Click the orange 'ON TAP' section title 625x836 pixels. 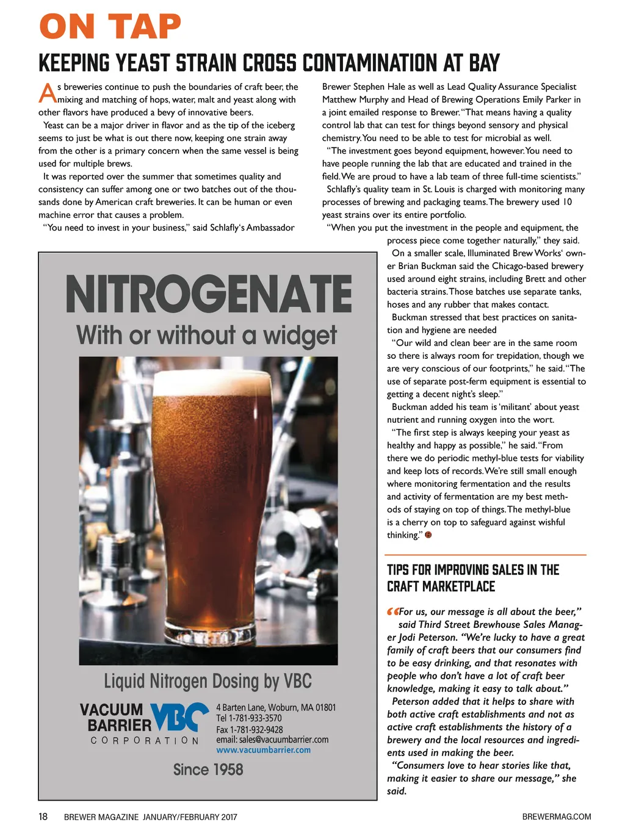(110, 27)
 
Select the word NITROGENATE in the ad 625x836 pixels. (209, 295)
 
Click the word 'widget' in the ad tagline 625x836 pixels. (300, 336)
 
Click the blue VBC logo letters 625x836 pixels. (179, 717)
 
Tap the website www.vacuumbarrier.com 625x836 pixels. (263, 750)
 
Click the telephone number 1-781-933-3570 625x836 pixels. (255, 718)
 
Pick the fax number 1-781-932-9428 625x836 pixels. (256, 729)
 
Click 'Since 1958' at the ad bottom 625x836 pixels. (208, 769)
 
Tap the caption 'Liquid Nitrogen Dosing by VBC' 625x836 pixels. (208, 681)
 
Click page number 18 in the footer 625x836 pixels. (43, 816)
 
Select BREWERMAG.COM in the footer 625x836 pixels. (556, 816)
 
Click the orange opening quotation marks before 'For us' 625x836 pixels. (392, 611)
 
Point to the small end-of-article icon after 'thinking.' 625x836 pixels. (428, 535)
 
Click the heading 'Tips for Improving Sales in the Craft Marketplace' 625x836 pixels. (473, 578)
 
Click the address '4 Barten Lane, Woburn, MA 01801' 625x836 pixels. (276, 707)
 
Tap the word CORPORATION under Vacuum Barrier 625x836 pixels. (145, 740)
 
